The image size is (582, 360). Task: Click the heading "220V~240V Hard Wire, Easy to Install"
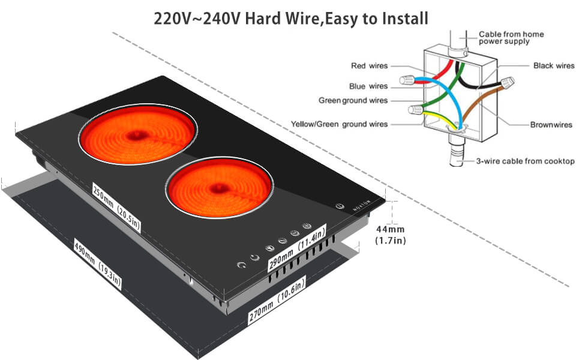291,18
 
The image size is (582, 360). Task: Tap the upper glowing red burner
137,135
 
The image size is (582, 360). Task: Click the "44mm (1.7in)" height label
391,235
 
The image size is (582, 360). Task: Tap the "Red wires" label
369,65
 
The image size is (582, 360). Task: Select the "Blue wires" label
368,86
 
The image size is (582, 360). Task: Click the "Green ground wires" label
353,100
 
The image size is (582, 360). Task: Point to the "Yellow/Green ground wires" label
339,124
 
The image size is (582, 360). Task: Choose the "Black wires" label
553,65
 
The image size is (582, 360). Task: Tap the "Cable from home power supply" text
512,38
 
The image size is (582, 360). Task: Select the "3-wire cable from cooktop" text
526,161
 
